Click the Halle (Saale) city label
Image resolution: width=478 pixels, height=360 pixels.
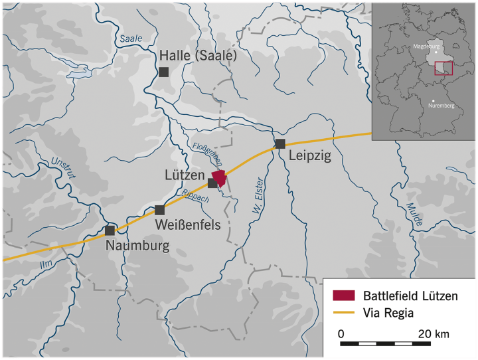198,56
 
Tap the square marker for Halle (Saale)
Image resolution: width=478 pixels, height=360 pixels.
163,72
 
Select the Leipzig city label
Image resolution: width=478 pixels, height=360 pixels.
309,157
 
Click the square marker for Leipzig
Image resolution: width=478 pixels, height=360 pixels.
280,143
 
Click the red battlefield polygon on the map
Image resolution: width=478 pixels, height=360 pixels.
218,179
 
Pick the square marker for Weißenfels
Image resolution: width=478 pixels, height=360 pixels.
159,210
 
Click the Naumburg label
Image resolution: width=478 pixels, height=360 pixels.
138,246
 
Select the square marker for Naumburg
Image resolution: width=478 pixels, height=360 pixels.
110,230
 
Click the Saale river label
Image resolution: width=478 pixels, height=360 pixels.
131,39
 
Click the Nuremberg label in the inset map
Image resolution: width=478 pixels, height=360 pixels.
441,106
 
